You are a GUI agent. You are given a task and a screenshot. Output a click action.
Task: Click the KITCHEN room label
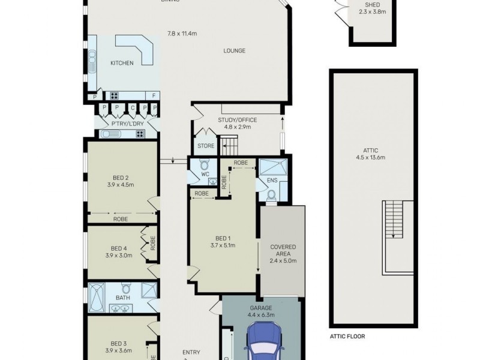pos(122,63)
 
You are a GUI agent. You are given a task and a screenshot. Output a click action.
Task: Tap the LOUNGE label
pos(235,51)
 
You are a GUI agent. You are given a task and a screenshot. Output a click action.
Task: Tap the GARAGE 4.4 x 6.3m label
pos(261,311)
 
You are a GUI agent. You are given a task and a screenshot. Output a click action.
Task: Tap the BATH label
pos(122,297)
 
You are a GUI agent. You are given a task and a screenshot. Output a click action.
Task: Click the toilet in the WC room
pos(204,165)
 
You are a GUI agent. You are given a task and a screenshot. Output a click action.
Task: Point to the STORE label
pos(206,146)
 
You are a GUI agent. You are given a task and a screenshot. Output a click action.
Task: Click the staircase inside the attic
pos(394,219)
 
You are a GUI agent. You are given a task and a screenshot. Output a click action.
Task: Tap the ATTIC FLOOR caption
pos(347,337)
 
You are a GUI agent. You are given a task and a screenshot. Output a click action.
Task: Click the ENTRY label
pos(191,353)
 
